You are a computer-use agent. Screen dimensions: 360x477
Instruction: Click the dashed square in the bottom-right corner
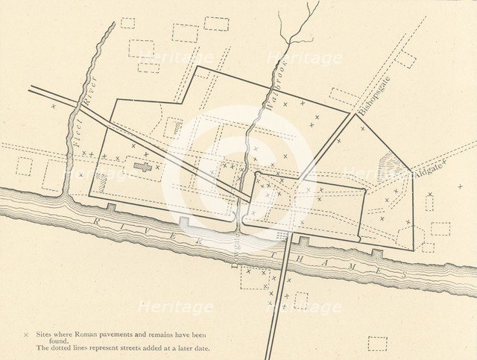[378, 343]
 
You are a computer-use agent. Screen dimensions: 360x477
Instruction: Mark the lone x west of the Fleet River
[52, 107]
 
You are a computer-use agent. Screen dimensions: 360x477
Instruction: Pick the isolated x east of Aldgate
[460, 186]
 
